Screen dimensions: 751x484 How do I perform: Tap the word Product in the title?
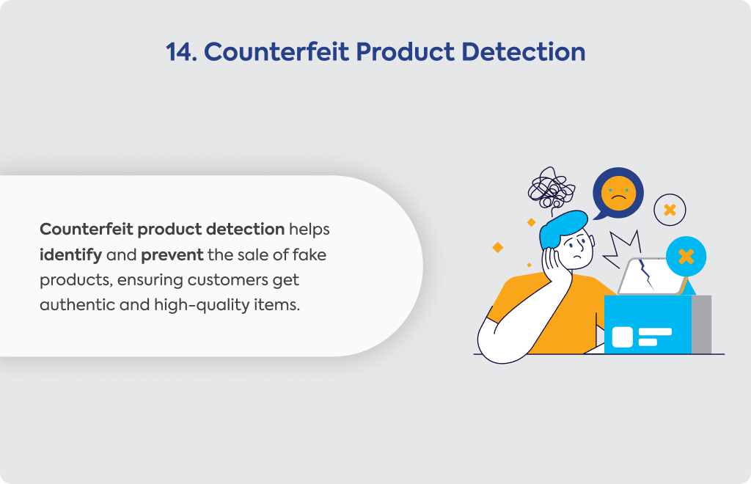(x=405, y=52)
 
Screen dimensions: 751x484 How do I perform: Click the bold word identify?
(x=71, y=255)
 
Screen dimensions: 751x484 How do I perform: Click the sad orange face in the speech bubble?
(x=618, y=193)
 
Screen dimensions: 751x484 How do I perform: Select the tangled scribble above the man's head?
(x=552, y=190)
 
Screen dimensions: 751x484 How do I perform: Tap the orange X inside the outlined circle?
(x=670, y=210)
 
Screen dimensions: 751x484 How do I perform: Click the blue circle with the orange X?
(x=686, y=257)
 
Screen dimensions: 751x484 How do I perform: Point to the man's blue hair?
(x=562, y=227)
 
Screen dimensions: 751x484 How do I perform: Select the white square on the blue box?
(x=622, y=337)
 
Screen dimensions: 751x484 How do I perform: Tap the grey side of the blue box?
(x=701, y=325)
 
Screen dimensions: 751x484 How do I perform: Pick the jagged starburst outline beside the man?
(x=621, y=249)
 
